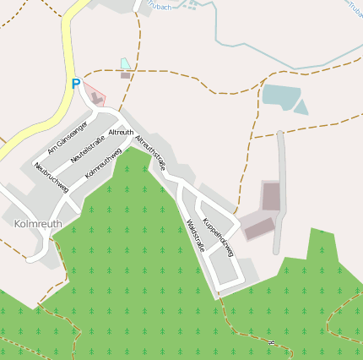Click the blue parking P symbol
[75, 84]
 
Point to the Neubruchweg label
[51, 177]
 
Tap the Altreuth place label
[122, 133]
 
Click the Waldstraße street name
[195, 236]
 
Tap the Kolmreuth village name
[38, 223]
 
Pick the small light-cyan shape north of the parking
[125, 63]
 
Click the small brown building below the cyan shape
[125, 75]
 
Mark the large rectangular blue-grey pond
[280, 95]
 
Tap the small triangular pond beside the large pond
[301, 107]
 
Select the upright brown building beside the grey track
[271, 197]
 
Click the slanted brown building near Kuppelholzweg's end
[259, 227]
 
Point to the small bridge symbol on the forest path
[271, 341]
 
